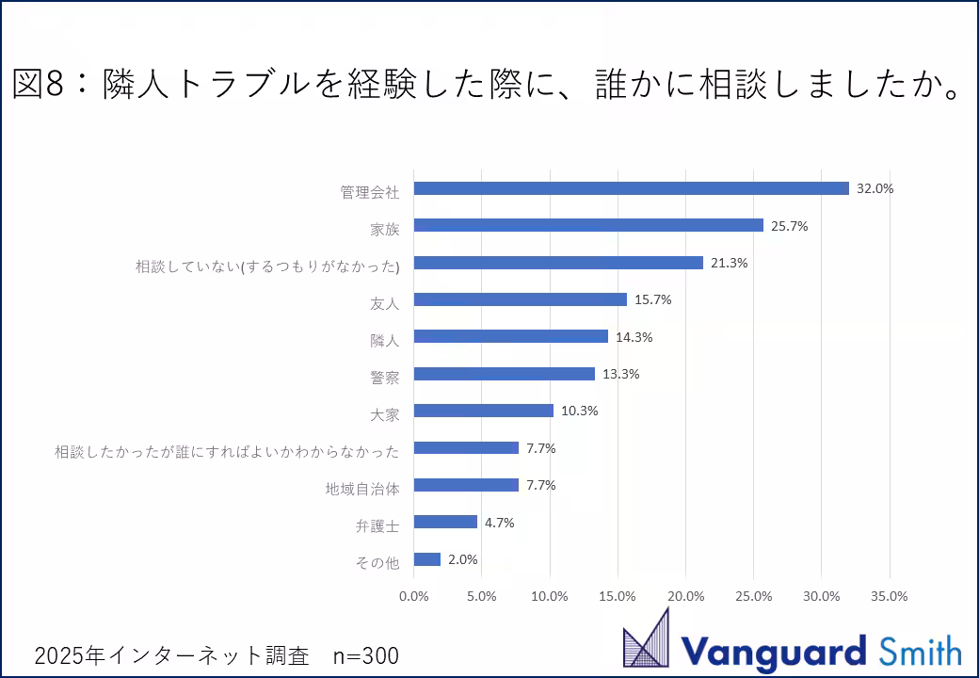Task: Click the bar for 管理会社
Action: (631, 188)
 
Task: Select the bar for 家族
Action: (588, 225)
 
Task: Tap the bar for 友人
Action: (520, 299)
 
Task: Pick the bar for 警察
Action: (504, 374)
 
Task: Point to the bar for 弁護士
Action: (445, 522)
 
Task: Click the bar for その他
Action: (427, 559)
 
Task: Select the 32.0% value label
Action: (875, 188)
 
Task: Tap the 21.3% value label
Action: (729, 263)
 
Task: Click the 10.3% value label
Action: (579, 411)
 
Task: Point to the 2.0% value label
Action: (462, 559)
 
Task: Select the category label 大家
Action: (385, 413)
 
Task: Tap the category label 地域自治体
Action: (362, 488)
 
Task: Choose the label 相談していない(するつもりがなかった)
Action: (267, 266)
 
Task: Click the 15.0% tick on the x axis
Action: (618, 596)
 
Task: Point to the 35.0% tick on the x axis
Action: (890, 596)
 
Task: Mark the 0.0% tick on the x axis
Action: (414, 596)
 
